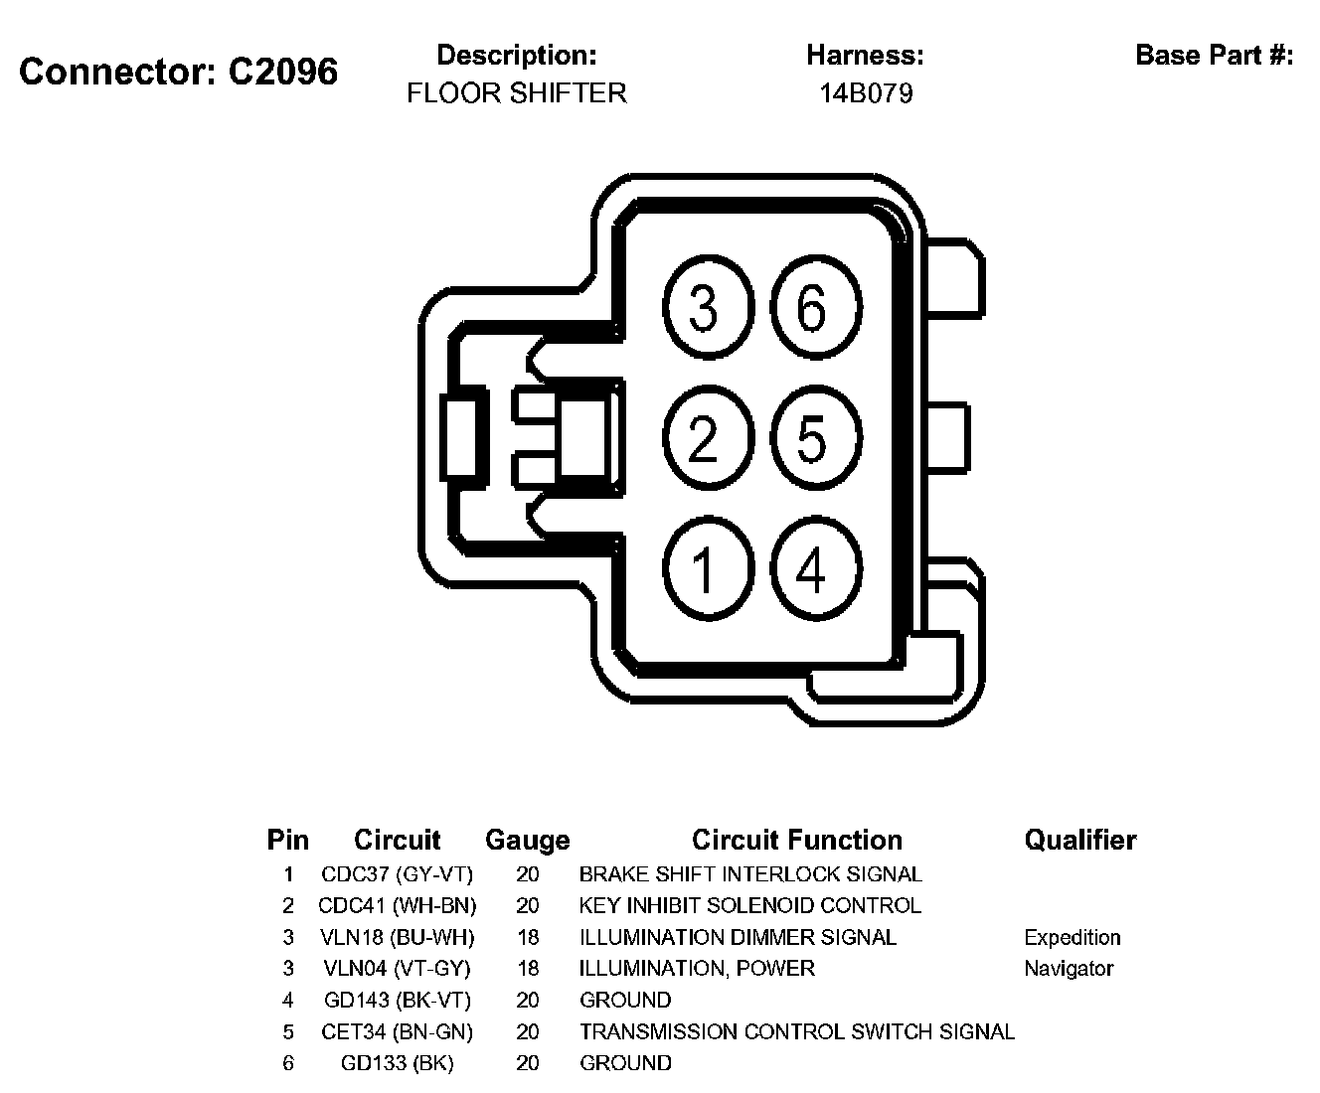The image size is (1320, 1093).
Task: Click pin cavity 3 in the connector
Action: [704, 307]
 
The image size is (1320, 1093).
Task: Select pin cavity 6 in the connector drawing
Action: [812, 307]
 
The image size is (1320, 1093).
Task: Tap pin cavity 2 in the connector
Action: [704, 438]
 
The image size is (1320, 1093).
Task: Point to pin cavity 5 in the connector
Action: [812, 438]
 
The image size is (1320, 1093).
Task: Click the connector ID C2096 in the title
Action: [282, 72]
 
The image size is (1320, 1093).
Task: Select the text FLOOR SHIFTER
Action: [517, 93]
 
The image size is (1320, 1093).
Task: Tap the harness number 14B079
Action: [866, 93]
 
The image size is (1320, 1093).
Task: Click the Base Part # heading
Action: [1214, 55]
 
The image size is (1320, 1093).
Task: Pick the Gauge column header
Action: [527, 841]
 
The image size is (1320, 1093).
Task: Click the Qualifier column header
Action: [1079, 841]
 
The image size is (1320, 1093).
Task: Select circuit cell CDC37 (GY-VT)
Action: [397, 874]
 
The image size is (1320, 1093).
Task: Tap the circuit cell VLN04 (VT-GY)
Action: [397, 969]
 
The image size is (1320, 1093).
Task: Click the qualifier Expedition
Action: [1072, 937]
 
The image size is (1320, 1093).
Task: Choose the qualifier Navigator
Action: [1069, 969]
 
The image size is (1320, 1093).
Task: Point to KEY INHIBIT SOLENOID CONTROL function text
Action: [750, 906]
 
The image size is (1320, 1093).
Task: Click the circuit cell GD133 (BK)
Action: [397, 1063]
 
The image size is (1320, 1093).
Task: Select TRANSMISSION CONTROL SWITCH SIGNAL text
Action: [797, 1032]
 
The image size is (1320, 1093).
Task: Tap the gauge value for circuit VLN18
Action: [528, 937]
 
